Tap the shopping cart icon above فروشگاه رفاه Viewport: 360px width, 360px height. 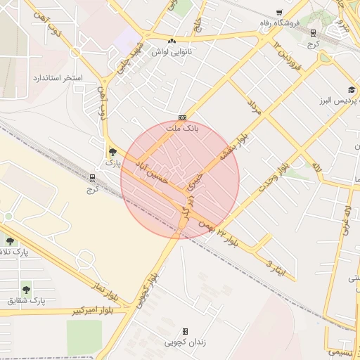279,13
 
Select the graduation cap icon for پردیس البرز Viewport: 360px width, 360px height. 351,90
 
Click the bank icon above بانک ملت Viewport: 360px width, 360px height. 182,117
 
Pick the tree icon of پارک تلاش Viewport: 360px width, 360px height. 10,241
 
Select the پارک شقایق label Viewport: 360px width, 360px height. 26,300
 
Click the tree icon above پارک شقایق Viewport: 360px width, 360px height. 26,288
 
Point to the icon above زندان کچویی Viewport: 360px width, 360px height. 186,331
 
